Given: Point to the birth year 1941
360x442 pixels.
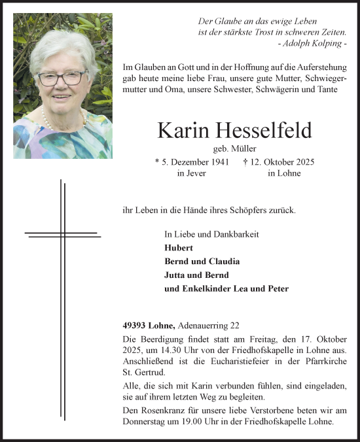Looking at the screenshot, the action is point(218,161).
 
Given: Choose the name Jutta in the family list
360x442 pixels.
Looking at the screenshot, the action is point(175,275).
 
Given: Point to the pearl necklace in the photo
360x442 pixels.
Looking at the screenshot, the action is point(47,120).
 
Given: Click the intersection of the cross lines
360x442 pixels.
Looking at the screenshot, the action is point(63,233).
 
